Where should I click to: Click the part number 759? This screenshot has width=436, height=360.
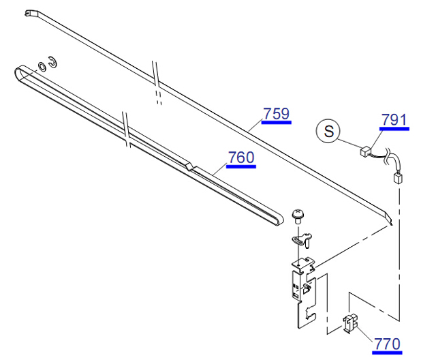[x=277, y=113]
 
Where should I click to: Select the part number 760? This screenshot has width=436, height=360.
[x=241, y=157]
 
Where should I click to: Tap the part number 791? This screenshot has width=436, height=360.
[x=394, y=119]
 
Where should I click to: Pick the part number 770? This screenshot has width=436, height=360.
[x=387, y=344]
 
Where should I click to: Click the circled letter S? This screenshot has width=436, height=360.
[x=328, y=130]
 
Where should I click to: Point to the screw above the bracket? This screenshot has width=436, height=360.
[x=298, y=216]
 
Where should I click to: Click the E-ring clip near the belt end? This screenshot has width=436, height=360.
[x=52, y=62]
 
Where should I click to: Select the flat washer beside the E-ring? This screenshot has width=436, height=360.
[x=42, y=66]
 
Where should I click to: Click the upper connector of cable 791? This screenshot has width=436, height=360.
[x=365, y=151]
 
